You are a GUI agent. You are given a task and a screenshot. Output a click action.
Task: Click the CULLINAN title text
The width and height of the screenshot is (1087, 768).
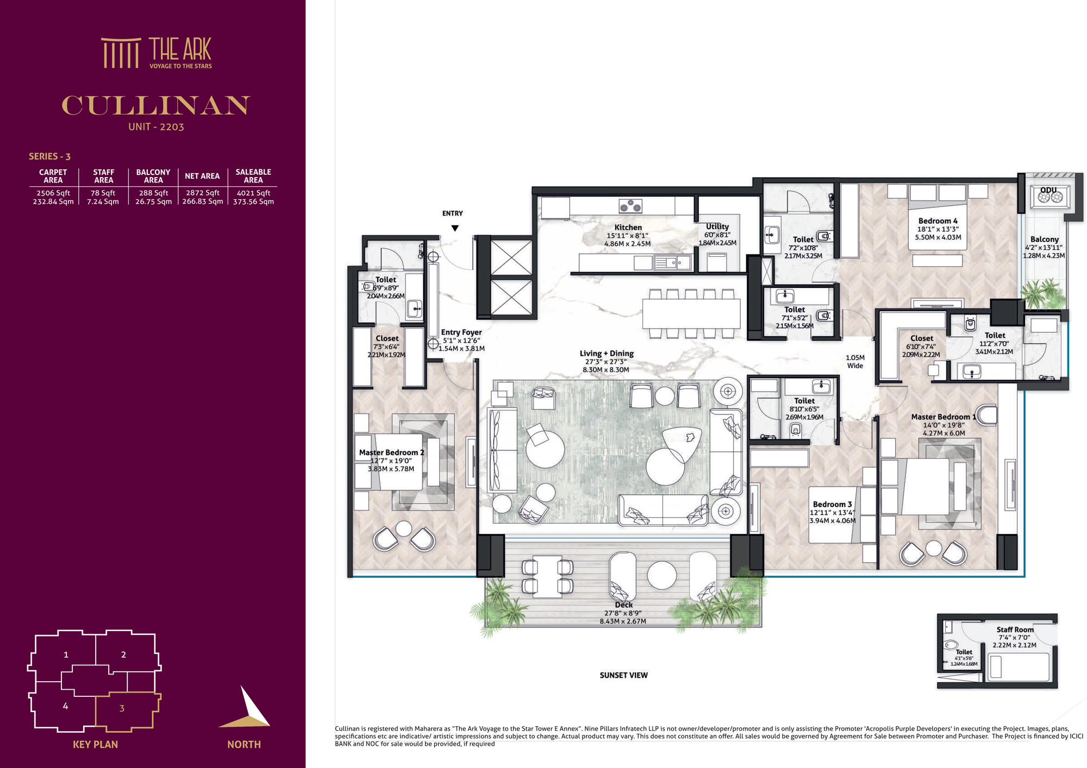coord(156,105)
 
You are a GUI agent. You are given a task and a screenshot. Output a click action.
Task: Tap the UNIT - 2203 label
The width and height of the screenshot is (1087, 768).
coord(156,127)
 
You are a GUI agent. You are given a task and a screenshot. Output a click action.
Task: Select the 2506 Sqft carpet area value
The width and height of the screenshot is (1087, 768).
coord(53,193)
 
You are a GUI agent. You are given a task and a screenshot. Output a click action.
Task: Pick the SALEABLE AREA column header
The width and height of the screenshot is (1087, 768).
coord(253,176)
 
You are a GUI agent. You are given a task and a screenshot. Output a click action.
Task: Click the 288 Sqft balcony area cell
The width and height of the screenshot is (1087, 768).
coord(153,193)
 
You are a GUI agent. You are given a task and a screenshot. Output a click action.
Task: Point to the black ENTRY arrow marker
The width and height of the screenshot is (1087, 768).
coord(455,228)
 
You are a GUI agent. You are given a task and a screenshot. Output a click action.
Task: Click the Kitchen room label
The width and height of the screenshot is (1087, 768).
coord(628,228)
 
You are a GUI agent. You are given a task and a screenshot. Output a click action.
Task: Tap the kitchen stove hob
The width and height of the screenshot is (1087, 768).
coord(630,206)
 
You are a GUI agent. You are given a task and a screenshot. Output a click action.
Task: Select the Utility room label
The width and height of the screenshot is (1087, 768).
coord(717,226)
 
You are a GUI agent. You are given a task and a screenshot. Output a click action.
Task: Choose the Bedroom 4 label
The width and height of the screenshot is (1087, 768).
coord(938,221)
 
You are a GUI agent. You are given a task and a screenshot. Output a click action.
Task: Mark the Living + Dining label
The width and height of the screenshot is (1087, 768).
coord(607,354)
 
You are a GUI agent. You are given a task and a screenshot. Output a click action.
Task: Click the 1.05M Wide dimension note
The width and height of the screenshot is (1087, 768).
coord(855,362)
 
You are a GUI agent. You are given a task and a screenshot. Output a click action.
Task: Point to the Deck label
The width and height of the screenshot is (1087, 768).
coord(623,605)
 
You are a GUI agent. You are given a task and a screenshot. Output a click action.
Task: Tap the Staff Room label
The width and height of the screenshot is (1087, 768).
coord(1015,630)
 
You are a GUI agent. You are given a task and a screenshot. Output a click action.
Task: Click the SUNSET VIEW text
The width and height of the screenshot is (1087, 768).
coord(623,675)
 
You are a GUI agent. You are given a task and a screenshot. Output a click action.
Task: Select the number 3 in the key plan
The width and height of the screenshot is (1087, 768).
coord(122,708)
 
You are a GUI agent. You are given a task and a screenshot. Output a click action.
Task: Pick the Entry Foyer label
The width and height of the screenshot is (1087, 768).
coord(461,332)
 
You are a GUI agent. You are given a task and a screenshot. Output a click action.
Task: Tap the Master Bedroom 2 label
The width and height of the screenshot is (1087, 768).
coord(391,452)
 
